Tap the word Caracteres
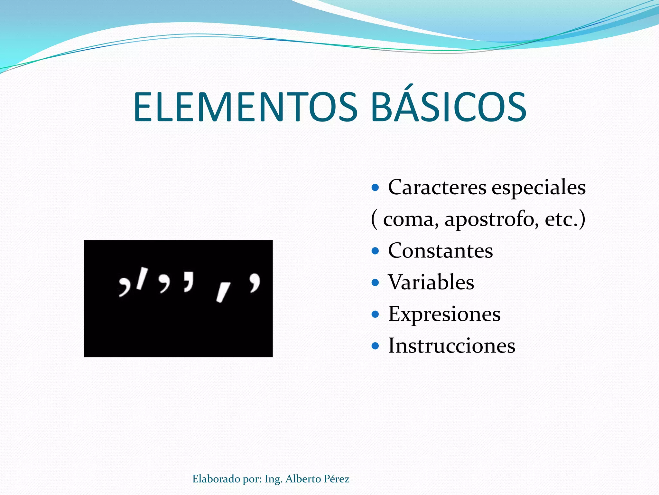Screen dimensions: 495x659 [437, 187]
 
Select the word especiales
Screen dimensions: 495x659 [538, 188]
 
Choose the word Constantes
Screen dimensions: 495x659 [440, 251]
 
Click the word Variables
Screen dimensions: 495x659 [431, 282]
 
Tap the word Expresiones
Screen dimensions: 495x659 [444, 314]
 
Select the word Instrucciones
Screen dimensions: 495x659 [451, 346]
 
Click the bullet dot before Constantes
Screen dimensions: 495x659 [375, 251]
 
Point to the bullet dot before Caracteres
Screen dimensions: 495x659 [375, 187]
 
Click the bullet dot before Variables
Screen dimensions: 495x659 [375, 283]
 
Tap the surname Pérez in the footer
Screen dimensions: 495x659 [336, 479]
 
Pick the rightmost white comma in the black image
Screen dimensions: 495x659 [255, 283]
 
